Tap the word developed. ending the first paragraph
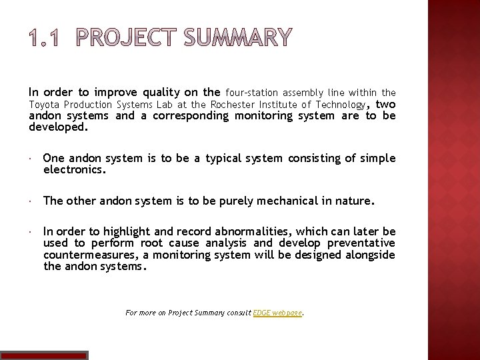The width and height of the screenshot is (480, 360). pyautogui.click(x=58, y=125)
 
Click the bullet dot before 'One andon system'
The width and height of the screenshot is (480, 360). pyautogui.click(x=31, y=159)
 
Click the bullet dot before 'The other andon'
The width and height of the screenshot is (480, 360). pyautogui.click(x=31, y=200)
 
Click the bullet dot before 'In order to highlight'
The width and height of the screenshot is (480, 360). pyautogui.click(x=31, y=231)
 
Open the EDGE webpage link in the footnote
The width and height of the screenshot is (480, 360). pyautogui.click(x=278, y=312)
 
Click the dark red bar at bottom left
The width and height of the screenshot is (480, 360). pyautogui.click(x=43, y=355)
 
